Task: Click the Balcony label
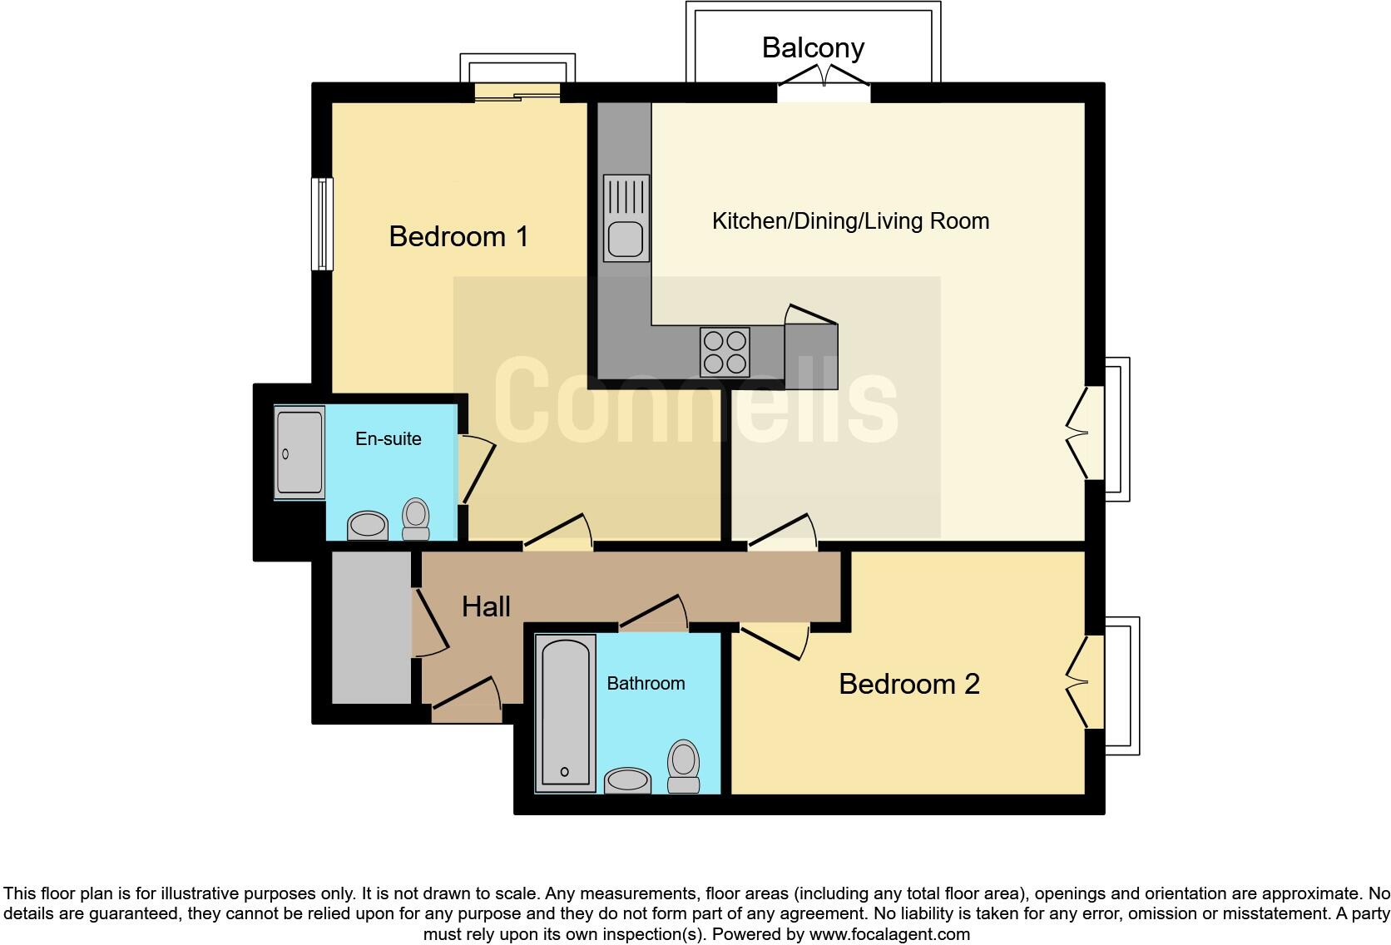click(x=813, y=47)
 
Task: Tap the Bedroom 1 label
click(x=458, y=236)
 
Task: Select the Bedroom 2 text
click(x=908, y=684)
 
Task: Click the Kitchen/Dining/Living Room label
click(x=850, y=221)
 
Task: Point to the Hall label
click(x=486, y=606)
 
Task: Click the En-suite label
click(x=388, y=438)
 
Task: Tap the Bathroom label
click(x=646, y=683)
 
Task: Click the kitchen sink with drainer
click(x=626, y=218)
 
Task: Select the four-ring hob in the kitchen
click(x=725, y=352)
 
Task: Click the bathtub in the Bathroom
click(x=565, y=712)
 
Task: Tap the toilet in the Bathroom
click(x=684, y=765)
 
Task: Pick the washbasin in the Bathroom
click(x=627, y=780)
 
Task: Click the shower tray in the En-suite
click(x=299, y=453)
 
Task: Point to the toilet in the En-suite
click(x=416, y=519)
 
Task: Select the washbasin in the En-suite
click(x=367, y=526)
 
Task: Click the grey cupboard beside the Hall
click(x=371, y=628)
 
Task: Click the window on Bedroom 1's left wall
click(x=322, y=224)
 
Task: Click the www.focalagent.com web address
click(x=889, y=934)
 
